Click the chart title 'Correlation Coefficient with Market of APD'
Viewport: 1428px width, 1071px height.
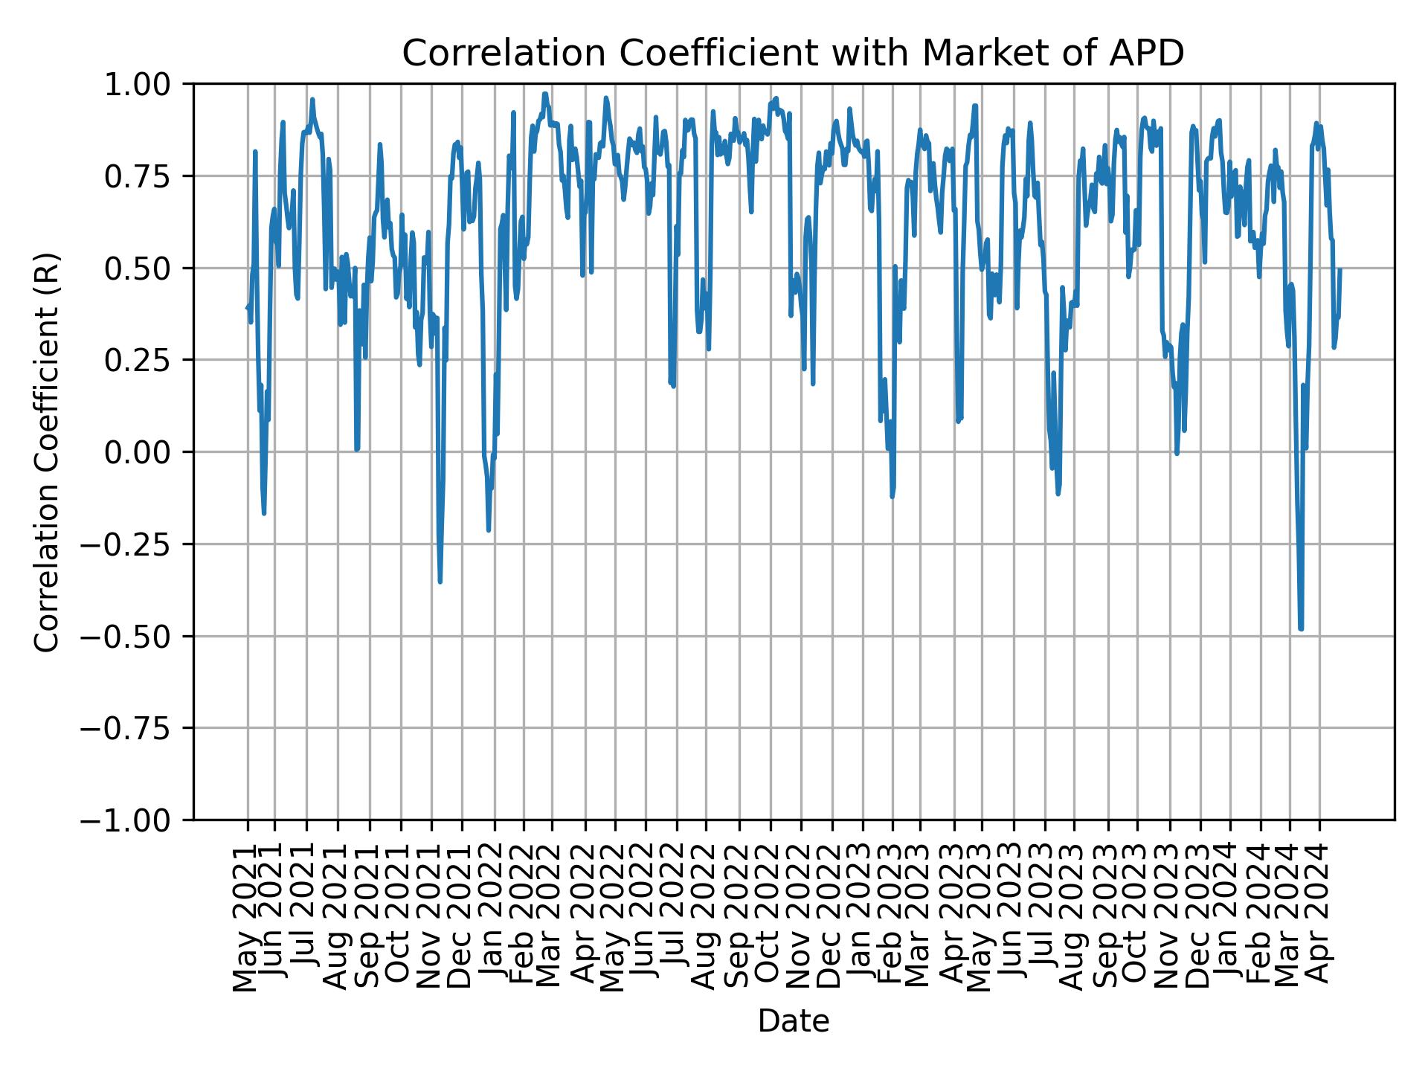(793, 54)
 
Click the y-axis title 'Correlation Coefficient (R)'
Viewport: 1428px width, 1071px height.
(46, 451)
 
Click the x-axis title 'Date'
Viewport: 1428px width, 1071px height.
(793, 1022)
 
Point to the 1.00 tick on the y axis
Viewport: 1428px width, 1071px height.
(147, 85)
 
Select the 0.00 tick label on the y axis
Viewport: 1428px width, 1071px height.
(147, 452)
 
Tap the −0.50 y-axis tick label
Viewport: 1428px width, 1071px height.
(137, 637)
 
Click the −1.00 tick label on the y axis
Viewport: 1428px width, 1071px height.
(137, 820)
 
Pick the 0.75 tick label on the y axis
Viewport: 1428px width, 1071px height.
(147, 177)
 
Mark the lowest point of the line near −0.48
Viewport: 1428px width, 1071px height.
(1301, 628)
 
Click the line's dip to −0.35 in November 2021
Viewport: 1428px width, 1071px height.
(440, 581)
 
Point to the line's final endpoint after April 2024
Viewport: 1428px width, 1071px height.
(1340, 270)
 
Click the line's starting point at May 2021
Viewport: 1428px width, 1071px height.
(248, 308)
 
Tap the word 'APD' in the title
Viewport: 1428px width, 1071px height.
(1146, 54)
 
